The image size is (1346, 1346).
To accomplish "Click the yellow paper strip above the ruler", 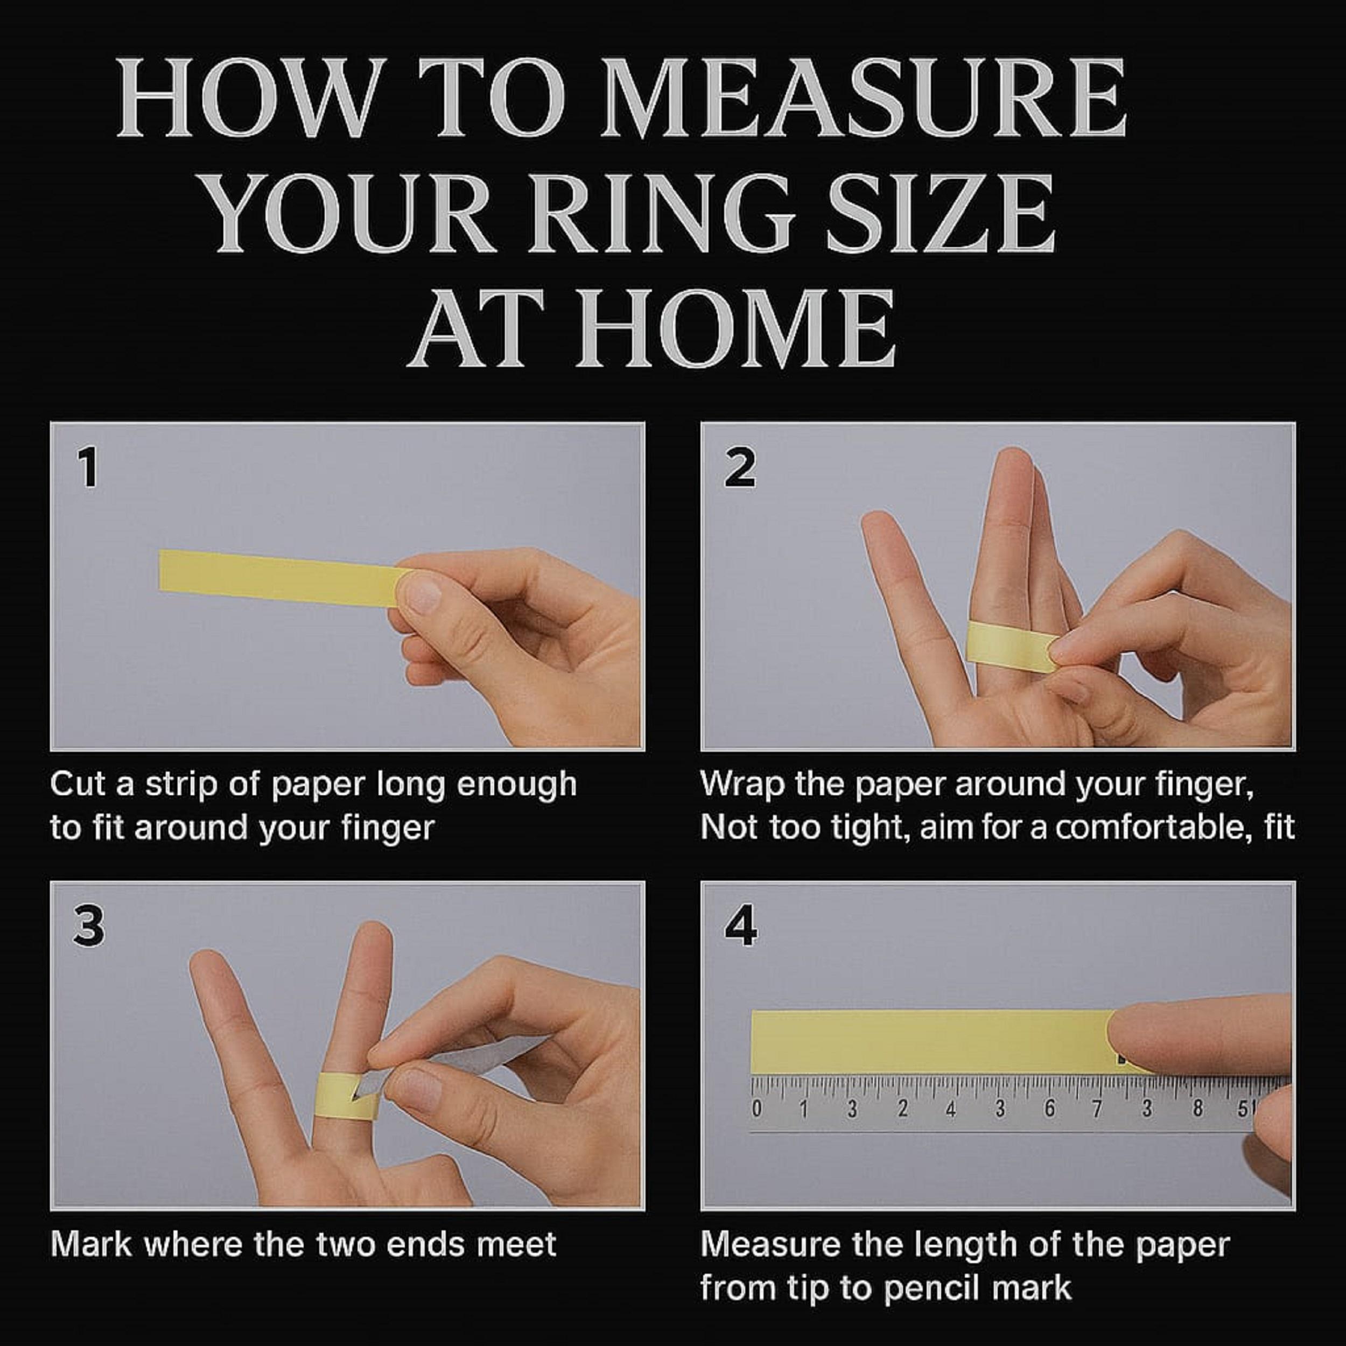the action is (x=934, y=1043).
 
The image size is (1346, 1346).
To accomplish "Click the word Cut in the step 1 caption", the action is (x=78, y=785).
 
